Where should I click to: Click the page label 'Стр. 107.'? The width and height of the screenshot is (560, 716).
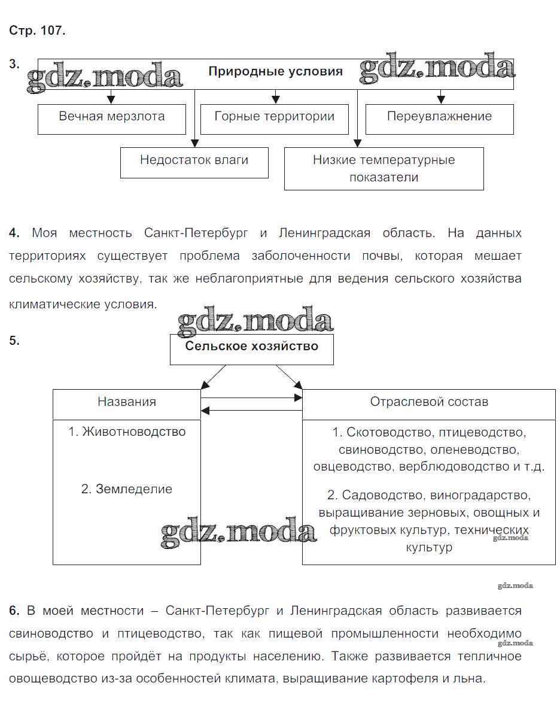click(x=37, y=32)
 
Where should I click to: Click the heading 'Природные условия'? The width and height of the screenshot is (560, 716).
click(x=275, y=72)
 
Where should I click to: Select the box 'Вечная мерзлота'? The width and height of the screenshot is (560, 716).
click(x=111, y=117)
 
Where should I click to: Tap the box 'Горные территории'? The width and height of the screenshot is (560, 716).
click(x=274, y=117)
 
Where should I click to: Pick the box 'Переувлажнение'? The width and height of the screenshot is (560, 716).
click(x=439, y=117)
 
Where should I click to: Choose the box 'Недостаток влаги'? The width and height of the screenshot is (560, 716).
click(x=194, y=160)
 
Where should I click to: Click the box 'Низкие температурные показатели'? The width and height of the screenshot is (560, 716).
click(x=384, y=168)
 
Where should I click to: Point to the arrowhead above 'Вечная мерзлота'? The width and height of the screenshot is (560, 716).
click(x=109, y=99)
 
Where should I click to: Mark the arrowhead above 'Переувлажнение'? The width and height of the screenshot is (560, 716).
click(x=441, y=99)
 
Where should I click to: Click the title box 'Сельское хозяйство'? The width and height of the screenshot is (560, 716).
click(x=251, y=347)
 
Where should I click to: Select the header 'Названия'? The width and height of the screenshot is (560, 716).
click(x=126, y=402)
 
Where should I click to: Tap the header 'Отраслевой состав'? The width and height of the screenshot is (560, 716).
click(x=428, y=402)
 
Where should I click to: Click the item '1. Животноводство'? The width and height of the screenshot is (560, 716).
click(x=126, y=432)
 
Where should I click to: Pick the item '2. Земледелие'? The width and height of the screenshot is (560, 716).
click(x=126, y=489)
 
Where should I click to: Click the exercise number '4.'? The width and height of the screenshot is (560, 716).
click(x=15, y=233)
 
